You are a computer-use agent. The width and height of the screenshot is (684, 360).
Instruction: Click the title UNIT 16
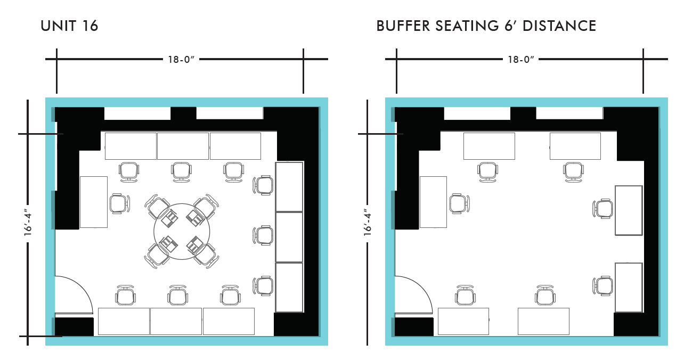69,26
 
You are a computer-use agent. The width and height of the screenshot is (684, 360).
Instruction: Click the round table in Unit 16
182,231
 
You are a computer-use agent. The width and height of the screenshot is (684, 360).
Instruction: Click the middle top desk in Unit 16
183,146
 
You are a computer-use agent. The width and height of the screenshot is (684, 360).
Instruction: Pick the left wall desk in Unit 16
93,202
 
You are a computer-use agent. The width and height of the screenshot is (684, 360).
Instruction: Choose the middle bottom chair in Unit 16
178,295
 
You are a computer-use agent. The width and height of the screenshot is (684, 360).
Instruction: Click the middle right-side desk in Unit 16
289,237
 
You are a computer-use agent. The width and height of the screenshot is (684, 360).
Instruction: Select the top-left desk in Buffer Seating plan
489,146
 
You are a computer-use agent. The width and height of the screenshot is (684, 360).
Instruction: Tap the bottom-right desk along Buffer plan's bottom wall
543,321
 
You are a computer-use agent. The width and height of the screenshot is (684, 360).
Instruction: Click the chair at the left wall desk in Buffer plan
459,204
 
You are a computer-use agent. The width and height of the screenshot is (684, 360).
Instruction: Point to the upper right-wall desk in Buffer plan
629,210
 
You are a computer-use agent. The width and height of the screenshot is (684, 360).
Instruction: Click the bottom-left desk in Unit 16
124,321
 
